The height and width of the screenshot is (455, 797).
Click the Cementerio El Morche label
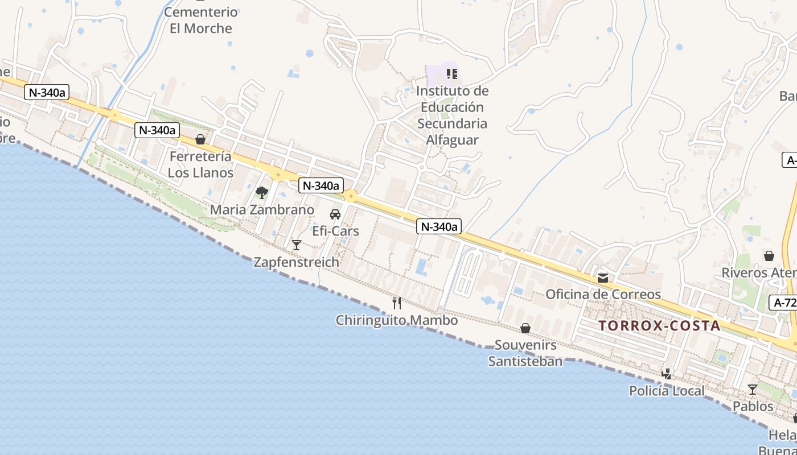coord(201,20)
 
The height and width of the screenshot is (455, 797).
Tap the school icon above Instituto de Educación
coord(452,73)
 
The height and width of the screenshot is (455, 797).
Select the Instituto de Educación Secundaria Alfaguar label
coord(452,115)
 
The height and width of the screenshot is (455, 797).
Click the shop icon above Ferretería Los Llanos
coord(200,139)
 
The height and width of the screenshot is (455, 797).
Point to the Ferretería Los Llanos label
coord(200,164)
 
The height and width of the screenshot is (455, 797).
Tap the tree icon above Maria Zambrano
coord(262,193)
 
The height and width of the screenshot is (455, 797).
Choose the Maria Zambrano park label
coord(262,210)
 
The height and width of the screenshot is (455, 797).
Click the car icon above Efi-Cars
coord(335,214)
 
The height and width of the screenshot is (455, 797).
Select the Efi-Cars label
coord(336,231)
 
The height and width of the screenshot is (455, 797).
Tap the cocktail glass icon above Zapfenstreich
coord(297,245)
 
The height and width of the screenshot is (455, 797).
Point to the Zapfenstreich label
coord(296,262)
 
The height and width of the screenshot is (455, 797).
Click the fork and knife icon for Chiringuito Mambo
coord(397,303)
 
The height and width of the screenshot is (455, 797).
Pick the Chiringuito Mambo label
coord(397,320)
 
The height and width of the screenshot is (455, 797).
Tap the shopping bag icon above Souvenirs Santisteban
coord(525,328)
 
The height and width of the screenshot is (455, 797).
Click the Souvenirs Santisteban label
coord(525,353)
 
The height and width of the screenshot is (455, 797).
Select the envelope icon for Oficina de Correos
coord(603,278)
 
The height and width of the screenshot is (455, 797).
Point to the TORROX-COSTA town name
coord(660,326)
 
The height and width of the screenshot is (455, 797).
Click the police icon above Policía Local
coord(667,374)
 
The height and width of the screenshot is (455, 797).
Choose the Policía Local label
coord(667,391)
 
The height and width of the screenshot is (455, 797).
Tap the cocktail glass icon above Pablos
coord(753,390)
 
